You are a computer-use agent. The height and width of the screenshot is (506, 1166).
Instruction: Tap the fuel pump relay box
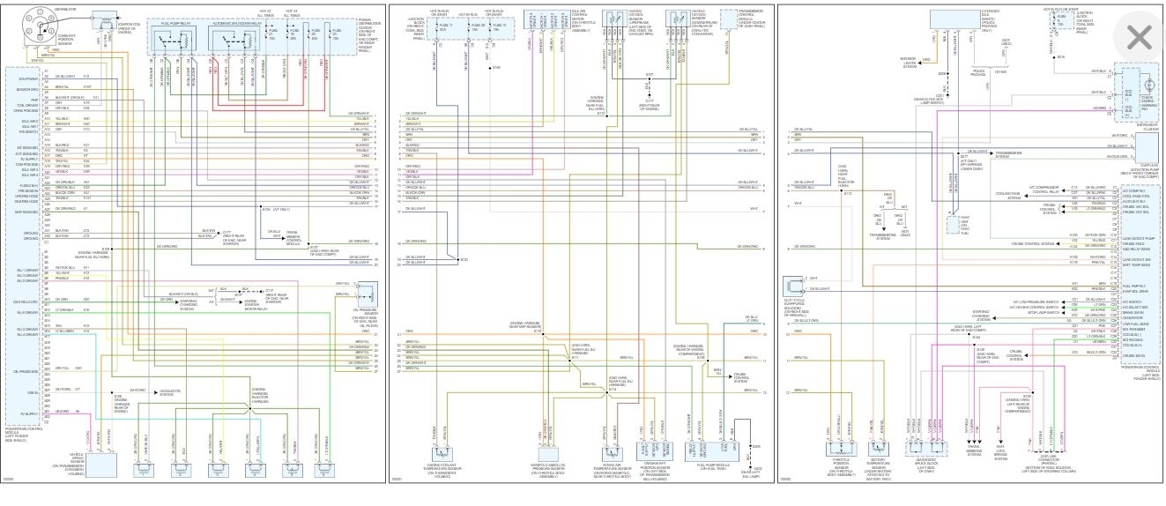click(x=175, y=41)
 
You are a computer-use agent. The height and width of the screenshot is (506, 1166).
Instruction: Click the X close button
click(x=1138, y=37)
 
